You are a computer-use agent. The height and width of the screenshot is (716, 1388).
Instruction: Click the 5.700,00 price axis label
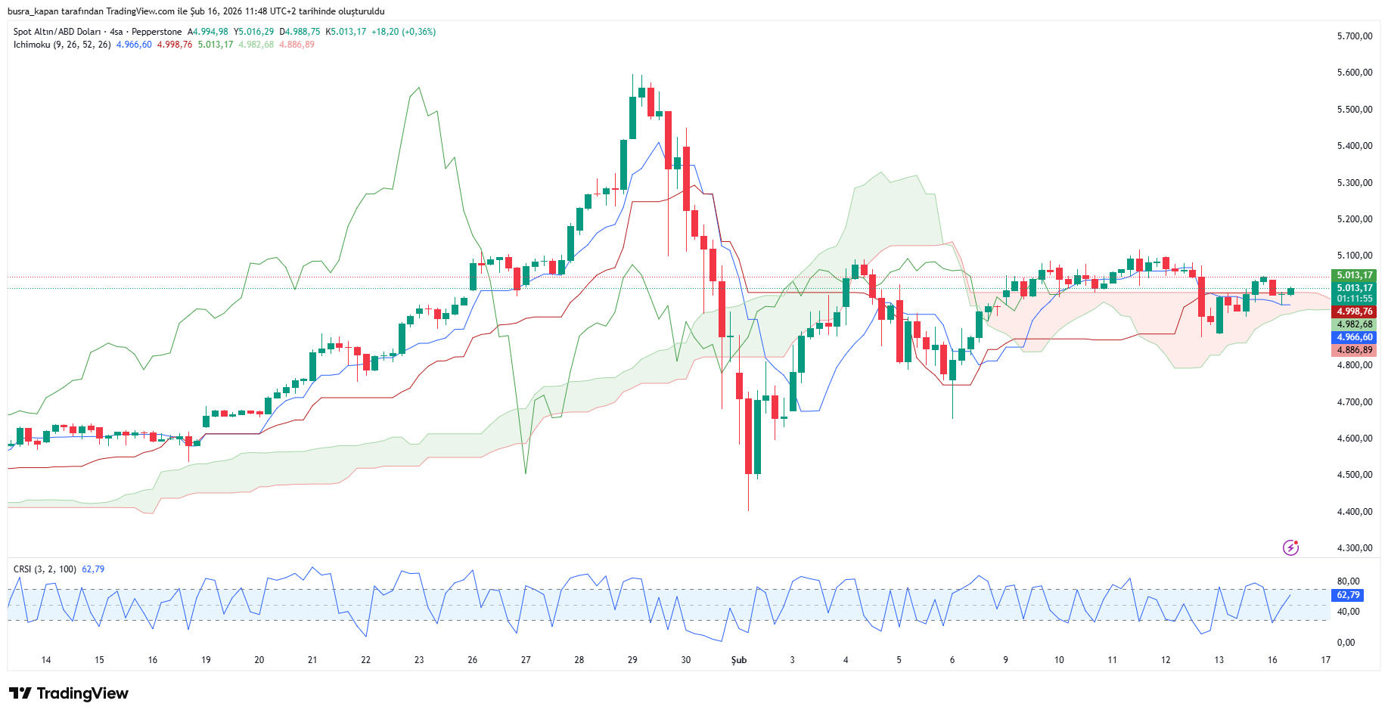[x=1354, y=36]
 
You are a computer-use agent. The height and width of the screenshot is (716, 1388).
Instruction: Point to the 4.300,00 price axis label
[x=1354, y=548]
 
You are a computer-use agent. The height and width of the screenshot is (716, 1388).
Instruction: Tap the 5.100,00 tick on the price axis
[x=1354, y=256]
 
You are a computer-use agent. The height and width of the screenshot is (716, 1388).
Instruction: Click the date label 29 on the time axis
[x=632, y=660]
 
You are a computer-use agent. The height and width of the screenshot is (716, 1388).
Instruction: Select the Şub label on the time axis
[x=738, y=660]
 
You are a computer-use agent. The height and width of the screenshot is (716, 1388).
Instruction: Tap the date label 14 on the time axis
[x=46, y=660]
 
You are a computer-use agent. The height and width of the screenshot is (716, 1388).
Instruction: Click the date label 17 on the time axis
[x=1325, y=660]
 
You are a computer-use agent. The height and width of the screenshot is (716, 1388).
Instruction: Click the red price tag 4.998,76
[x=1354, y=312]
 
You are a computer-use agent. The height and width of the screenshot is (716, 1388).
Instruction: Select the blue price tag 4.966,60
[x=1354, y=337]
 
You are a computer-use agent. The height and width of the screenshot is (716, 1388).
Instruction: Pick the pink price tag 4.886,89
[x=1354, y=350]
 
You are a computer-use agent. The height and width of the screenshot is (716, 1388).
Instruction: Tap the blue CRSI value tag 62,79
[x=1348, y=595]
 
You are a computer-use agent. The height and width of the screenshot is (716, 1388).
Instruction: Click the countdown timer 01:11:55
[x=1354, y=299]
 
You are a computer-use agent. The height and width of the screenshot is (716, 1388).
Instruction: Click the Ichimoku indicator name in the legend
[x=32, y=45]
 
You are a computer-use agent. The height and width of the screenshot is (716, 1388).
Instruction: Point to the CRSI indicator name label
[x=23, y=569]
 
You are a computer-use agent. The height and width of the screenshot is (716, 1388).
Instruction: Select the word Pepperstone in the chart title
[x=157, y=32]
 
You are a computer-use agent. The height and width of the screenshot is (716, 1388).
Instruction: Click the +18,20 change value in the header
[x=385, y=32]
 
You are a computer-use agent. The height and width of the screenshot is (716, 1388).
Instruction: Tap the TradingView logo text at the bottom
[x=82, y=693]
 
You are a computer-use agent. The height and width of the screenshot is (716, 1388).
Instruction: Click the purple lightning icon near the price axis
[x=1290, y=547]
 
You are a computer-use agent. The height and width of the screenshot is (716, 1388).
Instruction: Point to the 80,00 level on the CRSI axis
[x=1348, y=581]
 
